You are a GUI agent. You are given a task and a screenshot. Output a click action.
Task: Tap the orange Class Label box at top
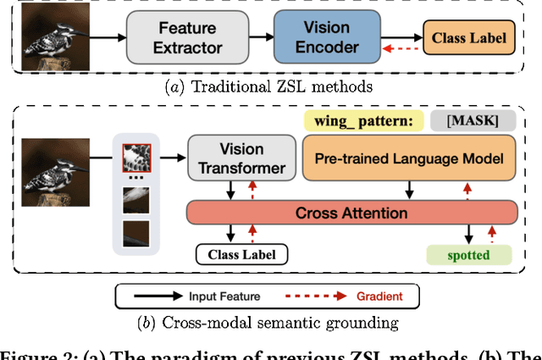click(469, 37)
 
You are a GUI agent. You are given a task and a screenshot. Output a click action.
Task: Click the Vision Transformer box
click(241, 158)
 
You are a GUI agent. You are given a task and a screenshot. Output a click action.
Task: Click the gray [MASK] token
click(469, 121)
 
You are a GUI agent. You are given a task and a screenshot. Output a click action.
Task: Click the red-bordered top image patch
click(136, 158)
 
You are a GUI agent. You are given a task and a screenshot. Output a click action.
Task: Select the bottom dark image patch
click(136, 233)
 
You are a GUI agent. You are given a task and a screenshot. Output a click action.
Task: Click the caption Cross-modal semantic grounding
click(270, 323)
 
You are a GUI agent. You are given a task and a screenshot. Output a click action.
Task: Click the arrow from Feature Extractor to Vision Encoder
click(252, 37)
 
